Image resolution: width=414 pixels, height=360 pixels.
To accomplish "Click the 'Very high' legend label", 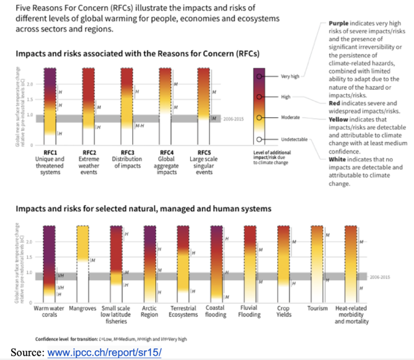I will coord(290,76).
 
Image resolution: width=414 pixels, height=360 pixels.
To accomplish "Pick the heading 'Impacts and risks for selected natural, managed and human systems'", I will coord(143,209).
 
